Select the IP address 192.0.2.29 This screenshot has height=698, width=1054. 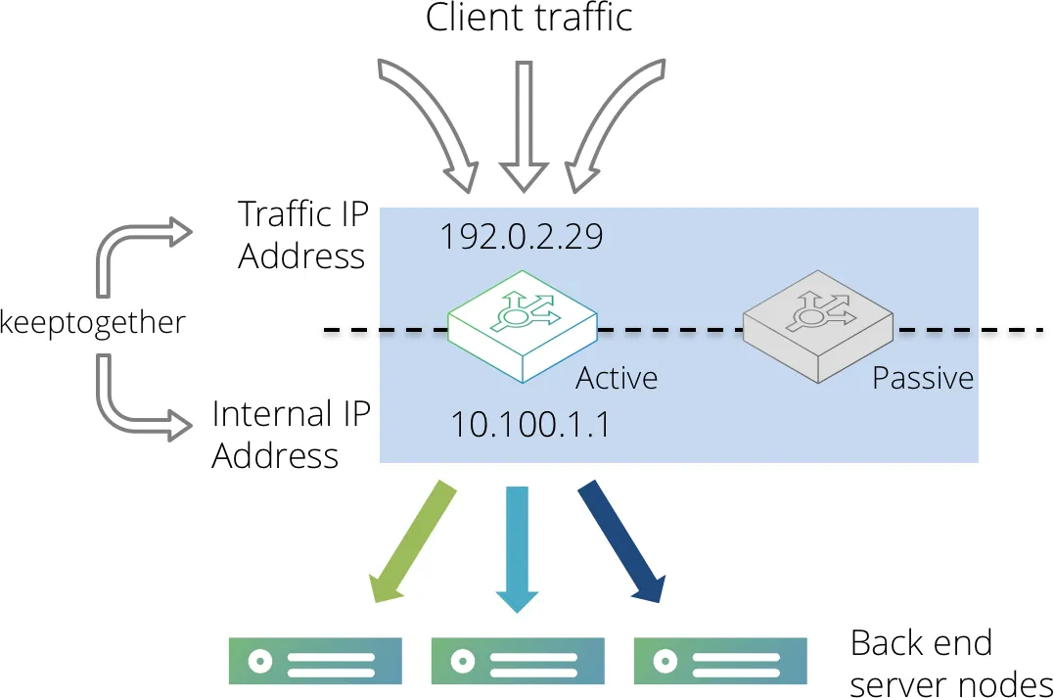tap(522, 237)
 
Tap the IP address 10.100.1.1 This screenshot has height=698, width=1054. tap(530, 425)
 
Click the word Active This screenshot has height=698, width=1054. tap(617, 378)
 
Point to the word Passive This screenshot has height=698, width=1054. tap(923, 378)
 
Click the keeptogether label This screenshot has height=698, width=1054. tap(92, 323)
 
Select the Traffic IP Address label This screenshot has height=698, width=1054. tap(303, 235)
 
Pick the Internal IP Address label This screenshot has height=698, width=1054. tap(291, 434)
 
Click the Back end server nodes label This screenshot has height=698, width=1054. tap(951, 663)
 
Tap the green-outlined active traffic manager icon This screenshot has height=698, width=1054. tap(523, 326)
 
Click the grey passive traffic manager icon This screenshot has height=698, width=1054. tap(818, 326)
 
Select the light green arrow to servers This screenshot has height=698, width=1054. tap(413, 542)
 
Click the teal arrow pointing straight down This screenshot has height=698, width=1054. tap(517, 548)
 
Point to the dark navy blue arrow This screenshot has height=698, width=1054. tap(621, 541)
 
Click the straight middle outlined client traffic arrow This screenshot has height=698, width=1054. tap(525, 126)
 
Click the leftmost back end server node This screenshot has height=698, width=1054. tap(315, 661)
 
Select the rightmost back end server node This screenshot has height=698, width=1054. tap(720, 661)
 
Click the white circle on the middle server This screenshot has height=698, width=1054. tap(463, 661)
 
